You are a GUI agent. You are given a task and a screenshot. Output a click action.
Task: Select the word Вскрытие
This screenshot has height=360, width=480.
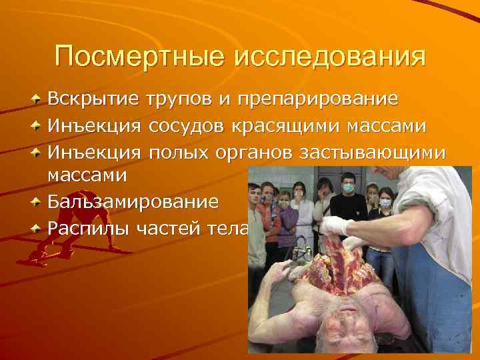pos(94,100)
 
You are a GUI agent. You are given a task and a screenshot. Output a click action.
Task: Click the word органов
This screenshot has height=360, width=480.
pos(255,152)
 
